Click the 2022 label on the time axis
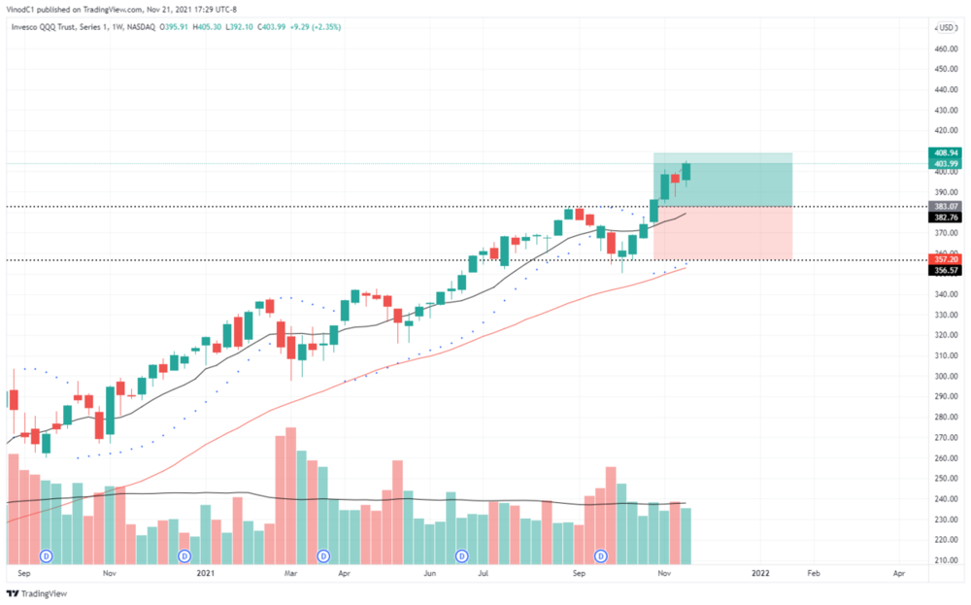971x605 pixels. [x=760, y=574]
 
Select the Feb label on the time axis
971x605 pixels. [x=814, y=574]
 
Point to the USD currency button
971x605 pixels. [x=947, y=28]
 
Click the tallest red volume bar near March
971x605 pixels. [x=290, y=495]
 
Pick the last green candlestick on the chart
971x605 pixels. [x=686, y=173]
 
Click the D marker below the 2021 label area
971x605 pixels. [x=184, y=555]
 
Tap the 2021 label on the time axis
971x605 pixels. [x=205, y=574]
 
